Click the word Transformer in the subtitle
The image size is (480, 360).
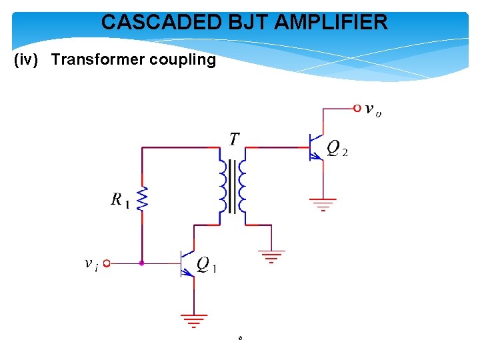point(97,60)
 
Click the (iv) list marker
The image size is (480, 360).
point(29,60)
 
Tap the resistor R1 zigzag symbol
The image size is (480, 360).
point(142,199)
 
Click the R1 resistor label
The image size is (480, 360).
point(121,199)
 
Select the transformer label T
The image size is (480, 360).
point(234,139)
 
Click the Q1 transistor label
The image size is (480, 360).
point(207,265)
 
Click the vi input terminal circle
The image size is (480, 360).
point(106,263)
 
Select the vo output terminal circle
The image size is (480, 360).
point(357,107)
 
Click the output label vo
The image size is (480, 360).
point(373,110)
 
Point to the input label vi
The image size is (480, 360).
point(91,264)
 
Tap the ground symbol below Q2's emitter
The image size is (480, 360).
point(323,203)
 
